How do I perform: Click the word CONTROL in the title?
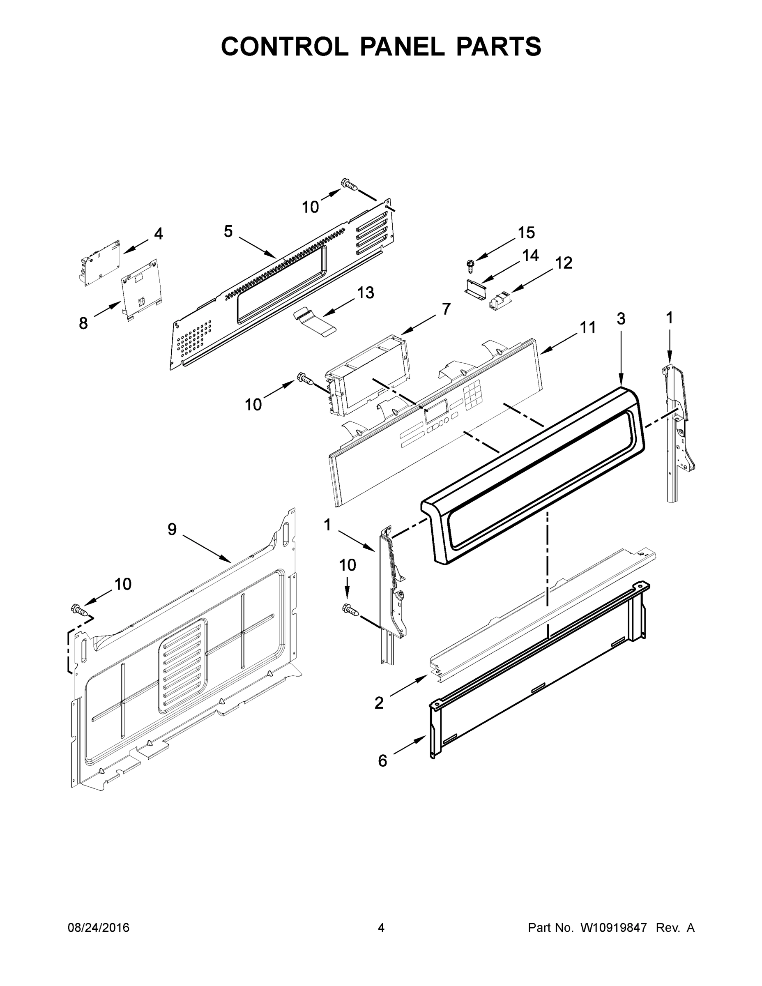coord(284,46)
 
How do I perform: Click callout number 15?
coord(526,233)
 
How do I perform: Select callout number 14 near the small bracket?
coord(530,256)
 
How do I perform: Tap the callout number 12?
coord(563,263)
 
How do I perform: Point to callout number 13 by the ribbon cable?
coord(366,293)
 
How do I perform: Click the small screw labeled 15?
coord(471,265)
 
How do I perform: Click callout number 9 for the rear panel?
coord(172,529)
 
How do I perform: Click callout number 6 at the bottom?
coord(382,761)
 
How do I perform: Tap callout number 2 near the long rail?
coord(379,703)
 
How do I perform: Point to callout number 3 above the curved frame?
coord(621,318)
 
